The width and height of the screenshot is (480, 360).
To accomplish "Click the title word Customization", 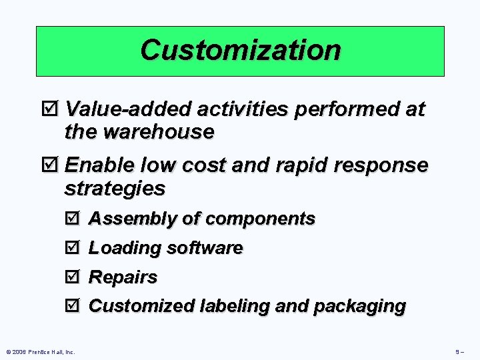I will [240, 50].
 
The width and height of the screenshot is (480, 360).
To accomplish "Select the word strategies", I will [115, 188].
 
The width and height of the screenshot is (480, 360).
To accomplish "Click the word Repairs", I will [123, 277].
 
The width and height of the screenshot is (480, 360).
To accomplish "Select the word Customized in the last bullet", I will [141, 307].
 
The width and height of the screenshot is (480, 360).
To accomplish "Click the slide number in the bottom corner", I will [460, 351].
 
